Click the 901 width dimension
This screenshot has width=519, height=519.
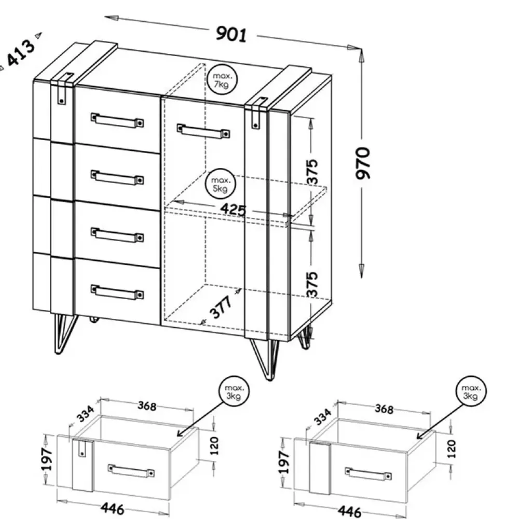231,34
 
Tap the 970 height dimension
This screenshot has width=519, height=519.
362,163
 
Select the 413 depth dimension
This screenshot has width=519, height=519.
21,53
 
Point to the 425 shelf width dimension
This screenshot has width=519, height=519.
234,209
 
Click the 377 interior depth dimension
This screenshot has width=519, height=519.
221,307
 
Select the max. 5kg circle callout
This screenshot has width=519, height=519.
221,185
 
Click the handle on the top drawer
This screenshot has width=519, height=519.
117,120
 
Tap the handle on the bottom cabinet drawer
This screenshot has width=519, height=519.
117,292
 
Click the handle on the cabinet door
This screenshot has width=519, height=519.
203,131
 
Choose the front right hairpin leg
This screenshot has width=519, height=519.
265,359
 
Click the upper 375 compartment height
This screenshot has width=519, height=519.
312,172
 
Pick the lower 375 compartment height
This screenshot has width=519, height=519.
312,284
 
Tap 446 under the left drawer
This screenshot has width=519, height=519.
113,508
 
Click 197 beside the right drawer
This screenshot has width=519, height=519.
284,462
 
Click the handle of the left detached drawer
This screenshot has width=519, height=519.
132,471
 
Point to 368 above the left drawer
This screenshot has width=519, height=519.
147,405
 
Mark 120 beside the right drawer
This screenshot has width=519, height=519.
452,449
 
